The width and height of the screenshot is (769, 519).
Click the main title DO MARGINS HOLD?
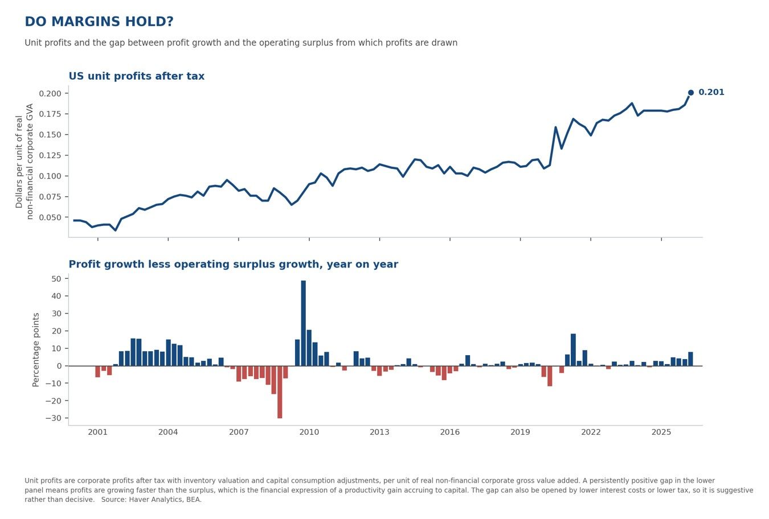point(99,22)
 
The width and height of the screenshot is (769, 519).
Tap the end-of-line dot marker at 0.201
point(691,93)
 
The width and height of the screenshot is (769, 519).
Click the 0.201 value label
point(711,92)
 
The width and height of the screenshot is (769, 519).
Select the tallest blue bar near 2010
point(304,323)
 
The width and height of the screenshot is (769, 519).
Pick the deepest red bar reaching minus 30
point(280,392)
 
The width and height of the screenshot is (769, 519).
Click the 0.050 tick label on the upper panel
point(50,217)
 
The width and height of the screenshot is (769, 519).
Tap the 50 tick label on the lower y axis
point(56,279)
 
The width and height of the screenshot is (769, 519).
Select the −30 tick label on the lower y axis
point(54,418)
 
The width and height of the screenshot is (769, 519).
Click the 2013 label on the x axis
point(379,432)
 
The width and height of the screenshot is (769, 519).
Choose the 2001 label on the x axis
point(98,432)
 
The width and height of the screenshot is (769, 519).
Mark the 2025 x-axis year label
point(661,432)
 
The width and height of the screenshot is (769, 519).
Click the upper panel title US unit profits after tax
point(137,76)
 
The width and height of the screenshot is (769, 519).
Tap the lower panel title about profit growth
point(234,265)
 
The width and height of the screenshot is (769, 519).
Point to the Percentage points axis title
point(36,350)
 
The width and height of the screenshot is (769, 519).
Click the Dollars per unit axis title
point(24,162)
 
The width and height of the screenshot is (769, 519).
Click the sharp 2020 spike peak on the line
point(555,127)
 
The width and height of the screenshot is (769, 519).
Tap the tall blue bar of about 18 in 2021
point(573,350)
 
